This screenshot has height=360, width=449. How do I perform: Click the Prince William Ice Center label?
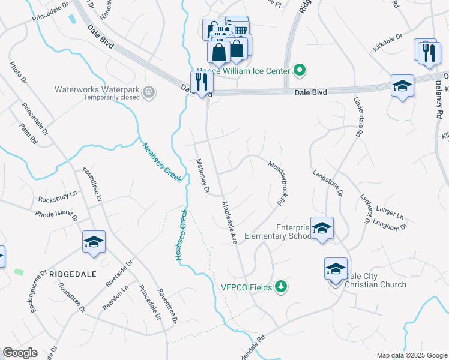pos(244,71)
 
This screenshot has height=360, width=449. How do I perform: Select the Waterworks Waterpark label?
pos(97,90)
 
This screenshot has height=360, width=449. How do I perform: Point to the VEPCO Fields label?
pos(246,287)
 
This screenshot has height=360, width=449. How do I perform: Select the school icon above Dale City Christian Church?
pos(336,268)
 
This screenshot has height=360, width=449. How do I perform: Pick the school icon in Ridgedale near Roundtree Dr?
pos(94,242)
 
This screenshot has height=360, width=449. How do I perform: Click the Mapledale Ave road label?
pos(230,221)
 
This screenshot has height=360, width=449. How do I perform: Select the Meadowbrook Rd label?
pos(276,183)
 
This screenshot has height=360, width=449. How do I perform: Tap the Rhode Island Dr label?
pos(57,214)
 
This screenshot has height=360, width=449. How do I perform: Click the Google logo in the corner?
pos(20,353)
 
